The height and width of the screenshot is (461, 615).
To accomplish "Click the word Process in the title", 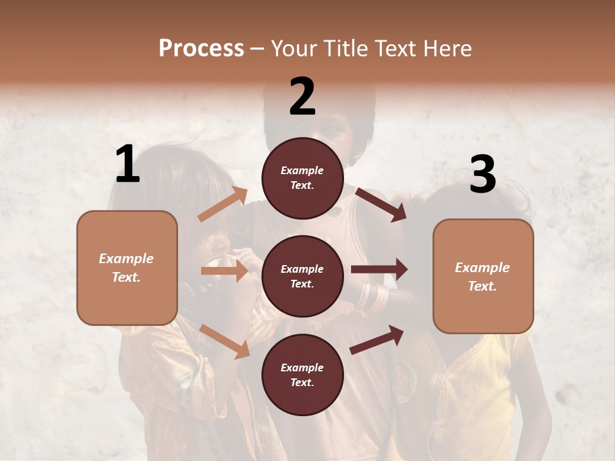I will pyautogui.click(x=201, y=49).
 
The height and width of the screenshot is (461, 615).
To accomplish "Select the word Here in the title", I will pyautogui.click(x=447, y=49).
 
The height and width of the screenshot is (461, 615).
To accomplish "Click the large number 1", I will pyautogui.click(x=127, y=165).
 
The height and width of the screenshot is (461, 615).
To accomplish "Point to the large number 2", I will pyautogui.click(x=302, y=97).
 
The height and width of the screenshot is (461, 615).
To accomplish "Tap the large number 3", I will pyautogui.click(x=482, y=175).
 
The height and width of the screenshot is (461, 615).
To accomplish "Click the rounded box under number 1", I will pyautogui.click(x=127, y=268).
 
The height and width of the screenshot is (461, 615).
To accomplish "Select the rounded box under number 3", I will pyautogui.click(x=483, y=276).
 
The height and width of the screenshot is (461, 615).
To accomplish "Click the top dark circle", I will pyautogui.click(x=302, y=178).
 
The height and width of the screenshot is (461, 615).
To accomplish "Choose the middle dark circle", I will pyautogui.click(x=302, y=276).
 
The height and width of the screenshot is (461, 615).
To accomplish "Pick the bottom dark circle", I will pyautogui.click(x=302, y=375).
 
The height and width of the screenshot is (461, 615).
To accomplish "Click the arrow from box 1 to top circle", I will pyautogui.click(x=223, y=204).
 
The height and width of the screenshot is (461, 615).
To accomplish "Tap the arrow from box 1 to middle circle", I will pyautogui.click(x=224, y=271).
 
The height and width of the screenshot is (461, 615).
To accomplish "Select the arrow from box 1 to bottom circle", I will pyautogui.click(x=225, y=341).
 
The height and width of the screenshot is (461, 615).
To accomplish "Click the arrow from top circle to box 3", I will pyautogui.click(x=381, y=204).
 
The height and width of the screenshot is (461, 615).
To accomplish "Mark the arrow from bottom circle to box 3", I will pyautogui.click(x=377, y=339).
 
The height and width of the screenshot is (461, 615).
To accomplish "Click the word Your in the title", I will pyautogui.click(x=295, y=49).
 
